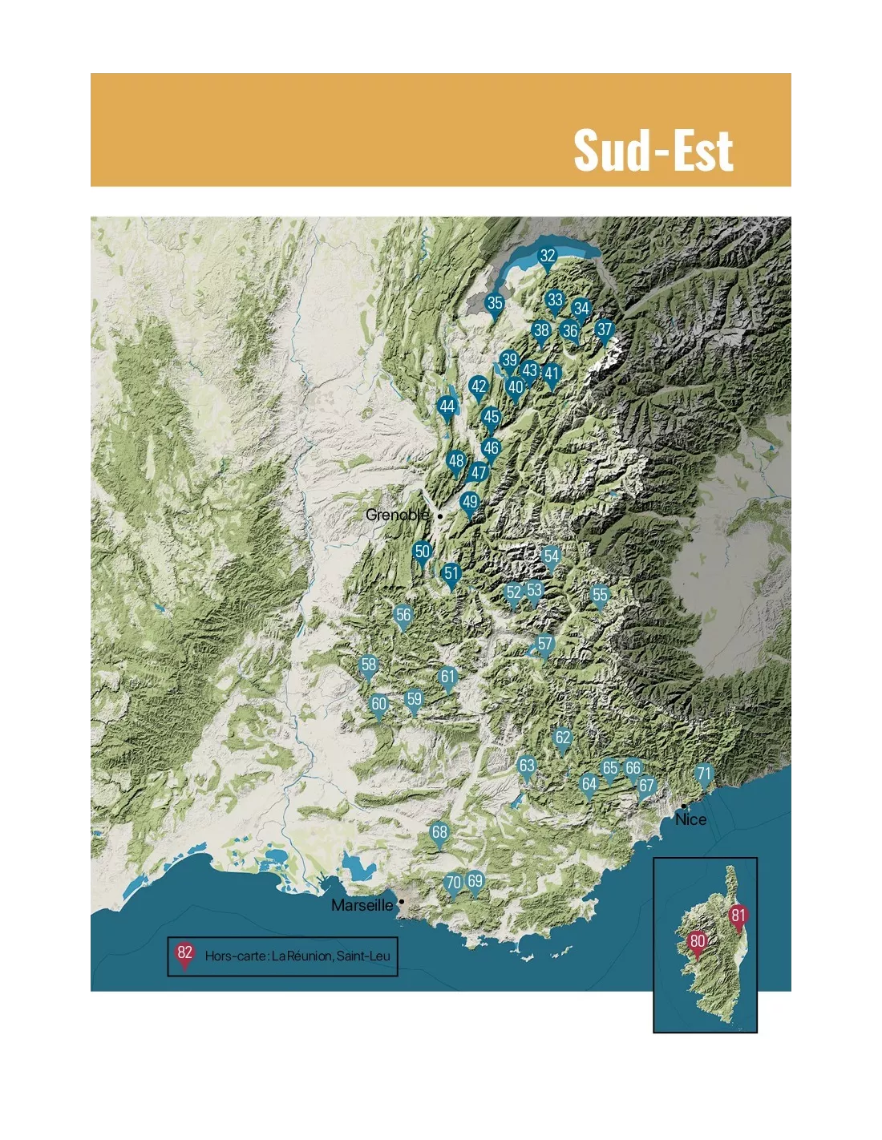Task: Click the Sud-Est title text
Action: click(653, 151)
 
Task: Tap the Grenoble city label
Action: click(397, 515)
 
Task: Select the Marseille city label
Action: click(362, 905)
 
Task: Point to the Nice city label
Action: click(690, 819)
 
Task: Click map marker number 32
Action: click(547, 257)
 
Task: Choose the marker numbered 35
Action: click(495, 303)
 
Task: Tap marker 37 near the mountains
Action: click(605, 329)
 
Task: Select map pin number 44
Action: click(447, 407)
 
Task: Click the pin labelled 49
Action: click(470, 503)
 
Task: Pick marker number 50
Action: click(422, 552)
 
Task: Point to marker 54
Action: click(551, 556)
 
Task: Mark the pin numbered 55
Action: click(599, 595)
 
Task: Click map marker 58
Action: click(368, 665)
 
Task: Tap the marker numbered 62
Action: click(563, 738)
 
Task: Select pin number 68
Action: click(439, 832)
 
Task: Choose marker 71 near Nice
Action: click(703, 774)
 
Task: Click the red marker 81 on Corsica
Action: click(738, 916)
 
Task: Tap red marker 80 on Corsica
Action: click(698, 942)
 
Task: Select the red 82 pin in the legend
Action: click(185, 953)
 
